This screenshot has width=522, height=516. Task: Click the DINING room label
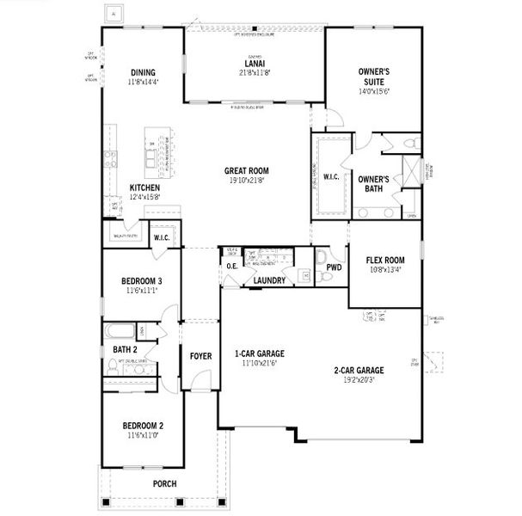pos(143,72)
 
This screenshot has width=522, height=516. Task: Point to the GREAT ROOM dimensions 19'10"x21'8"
pos(246,181)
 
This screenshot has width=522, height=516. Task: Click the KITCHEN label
pos(144,187)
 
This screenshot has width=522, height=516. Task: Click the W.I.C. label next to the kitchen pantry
pos(163,237)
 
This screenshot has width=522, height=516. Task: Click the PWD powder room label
pos(334,267)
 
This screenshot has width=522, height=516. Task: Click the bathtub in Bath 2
pos(118,332)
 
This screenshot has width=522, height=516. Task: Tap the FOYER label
pos(201,354)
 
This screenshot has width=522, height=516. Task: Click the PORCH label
pos(163,483)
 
